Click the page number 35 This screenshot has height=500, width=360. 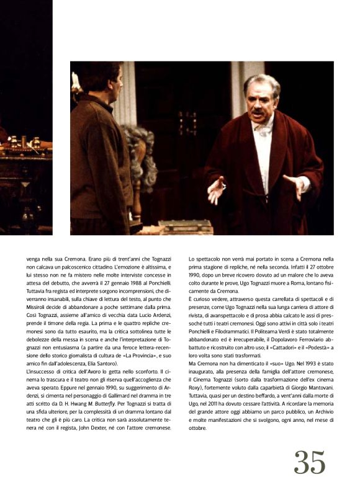coord(310,463)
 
